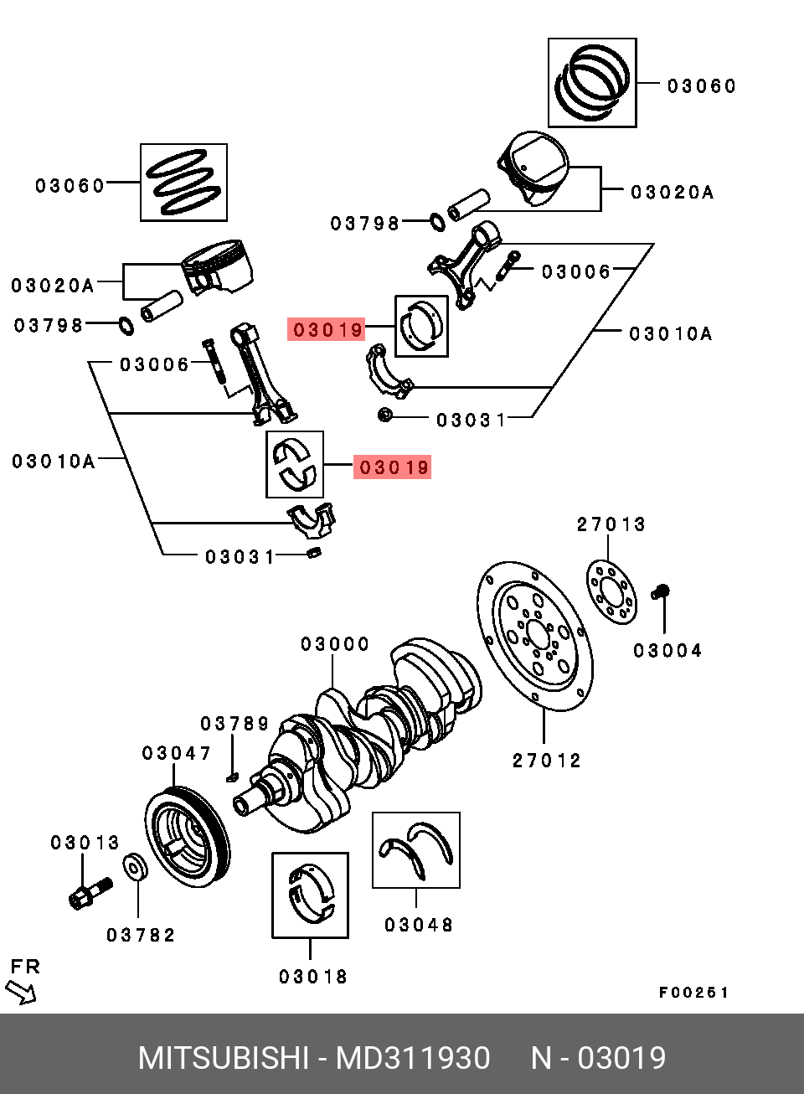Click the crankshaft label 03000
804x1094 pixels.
click(x=335, y=644)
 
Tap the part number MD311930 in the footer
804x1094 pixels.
click(x=413, y=1058)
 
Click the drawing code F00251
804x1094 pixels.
click(x=693, y=993)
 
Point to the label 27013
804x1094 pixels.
click(x=611, y=524)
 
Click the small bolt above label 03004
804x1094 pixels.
click(x=660, y=591)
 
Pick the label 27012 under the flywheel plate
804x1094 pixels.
click(x=547, y=761)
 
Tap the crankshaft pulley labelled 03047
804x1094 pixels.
click(x=188, y=837)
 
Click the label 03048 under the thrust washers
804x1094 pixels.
click(x=419, y=925)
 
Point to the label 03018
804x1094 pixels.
click(x=313, y=977)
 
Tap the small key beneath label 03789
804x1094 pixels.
click(x=232, y=777)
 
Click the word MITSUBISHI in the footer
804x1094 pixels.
click(x=224, y=1058)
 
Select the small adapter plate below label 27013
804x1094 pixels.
click(x=611, y=592)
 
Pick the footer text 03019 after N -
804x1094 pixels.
click(x=622, y=1058)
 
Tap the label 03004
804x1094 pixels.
click(x=667, y=651)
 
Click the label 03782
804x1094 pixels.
click(x=141, y=936)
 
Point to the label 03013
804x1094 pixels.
click(x=85, y=843)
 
